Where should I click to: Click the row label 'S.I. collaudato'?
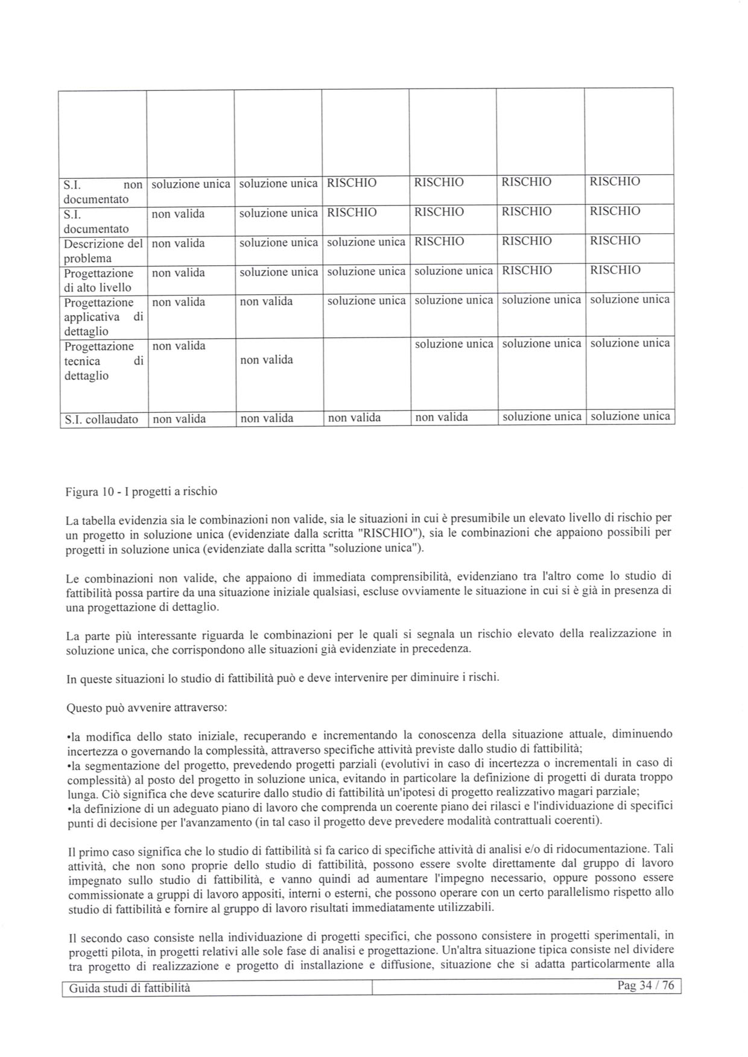(x=101, y=419)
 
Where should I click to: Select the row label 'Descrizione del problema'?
(x=103, y=251)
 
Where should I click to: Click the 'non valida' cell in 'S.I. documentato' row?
(x=178, y=214)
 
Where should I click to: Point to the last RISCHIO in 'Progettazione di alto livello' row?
(x=615, y=270)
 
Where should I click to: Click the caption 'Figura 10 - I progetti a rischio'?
(x=141, y=492)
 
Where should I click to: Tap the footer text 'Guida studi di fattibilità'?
(x=130, y=988)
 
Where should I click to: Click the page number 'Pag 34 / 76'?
(x=645, y=986)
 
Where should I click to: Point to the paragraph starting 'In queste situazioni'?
(x=283, y=678)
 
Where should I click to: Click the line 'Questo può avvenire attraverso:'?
(x=147, y=707)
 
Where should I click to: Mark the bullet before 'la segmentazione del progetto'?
(x=68, y=766)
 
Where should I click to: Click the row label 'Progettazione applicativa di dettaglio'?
(x=103, y=317)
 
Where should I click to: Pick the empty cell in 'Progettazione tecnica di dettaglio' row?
(x=366, y=374)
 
